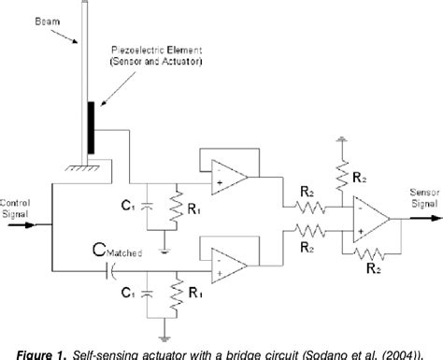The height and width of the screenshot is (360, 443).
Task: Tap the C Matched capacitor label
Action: tap(118, 250)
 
